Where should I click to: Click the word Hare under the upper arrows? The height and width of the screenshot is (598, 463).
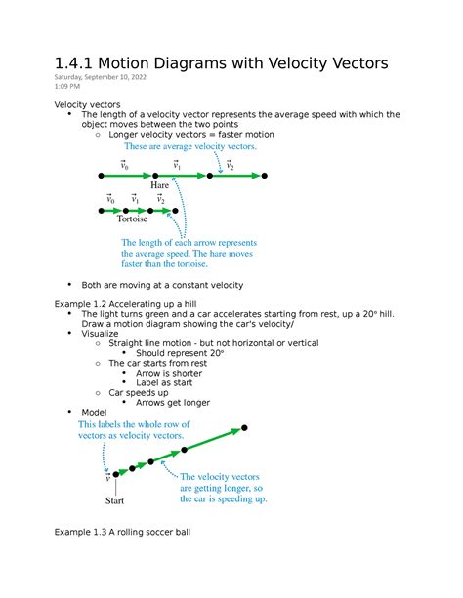click(x=161, y=184)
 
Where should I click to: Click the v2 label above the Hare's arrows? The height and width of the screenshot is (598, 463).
click(x=230, y=165)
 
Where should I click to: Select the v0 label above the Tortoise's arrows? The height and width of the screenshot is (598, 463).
click(x=108, y=199)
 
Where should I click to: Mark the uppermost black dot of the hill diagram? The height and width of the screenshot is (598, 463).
click(x=244, y=427)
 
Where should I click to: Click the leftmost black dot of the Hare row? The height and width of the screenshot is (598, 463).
click(x=102, y=177)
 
